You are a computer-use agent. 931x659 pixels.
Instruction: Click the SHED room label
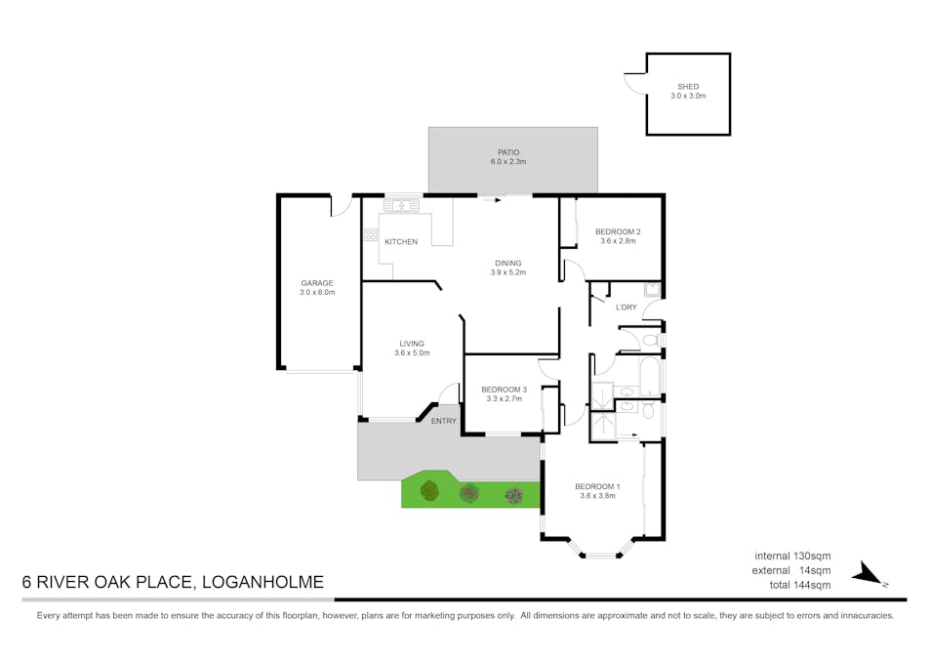coord(688,87)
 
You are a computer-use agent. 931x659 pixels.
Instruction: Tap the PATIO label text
coord(508,152)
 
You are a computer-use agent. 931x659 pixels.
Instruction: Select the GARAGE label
coord(317,283)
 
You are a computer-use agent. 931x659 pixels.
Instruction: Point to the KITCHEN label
coord(401,242)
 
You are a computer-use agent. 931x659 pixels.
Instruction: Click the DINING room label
coord(508,264)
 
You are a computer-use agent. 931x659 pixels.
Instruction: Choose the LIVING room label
coord(412,344)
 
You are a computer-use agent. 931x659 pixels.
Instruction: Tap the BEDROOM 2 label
coord(618,231)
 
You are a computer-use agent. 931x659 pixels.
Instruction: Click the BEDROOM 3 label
coord(505,390)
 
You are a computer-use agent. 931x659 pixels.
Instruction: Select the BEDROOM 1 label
coord(598,486)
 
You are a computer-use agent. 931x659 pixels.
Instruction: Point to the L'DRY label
coord(627,308)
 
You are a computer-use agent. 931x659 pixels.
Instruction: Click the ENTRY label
coord(443,421)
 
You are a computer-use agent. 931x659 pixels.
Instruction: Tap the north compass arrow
coord(868,574)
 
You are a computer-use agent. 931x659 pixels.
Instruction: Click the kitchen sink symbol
coord(401,206)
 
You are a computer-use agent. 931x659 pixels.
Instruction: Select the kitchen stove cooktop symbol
coord(371,234)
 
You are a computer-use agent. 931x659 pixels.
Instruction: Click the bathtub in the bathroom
coord(649,376)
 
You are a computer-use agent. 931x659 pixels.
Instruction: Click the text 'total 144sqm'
coord(800,585)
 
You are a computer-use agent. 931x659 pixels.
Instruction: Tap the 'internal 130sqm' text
coord(792,556)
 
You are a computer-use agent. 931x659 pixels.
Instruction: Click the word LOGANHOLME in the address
coord(263,582)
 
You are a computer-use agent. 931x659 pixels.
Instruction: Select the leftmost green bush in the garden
coord(429,491)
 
